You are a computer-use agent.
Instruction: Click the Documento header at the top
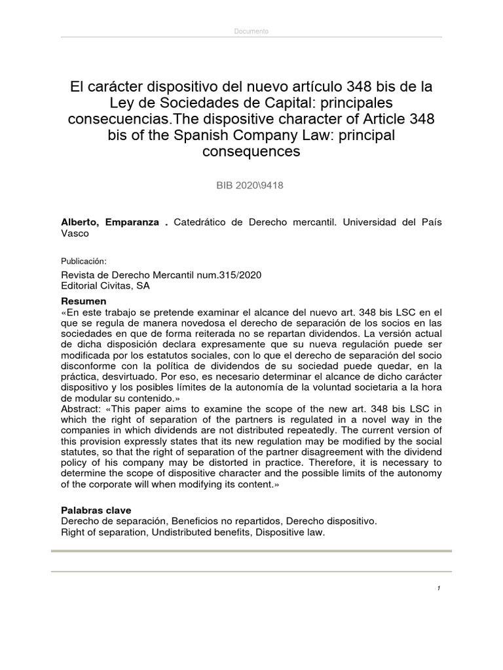(x=251, y=31)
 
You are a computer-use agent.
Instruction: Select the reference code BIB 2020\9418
(x=251, y=185)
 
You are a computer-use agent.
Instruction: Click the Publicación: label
(x=83, y=260)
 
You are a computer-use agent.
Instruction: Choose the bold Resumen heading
(x=83, y=301)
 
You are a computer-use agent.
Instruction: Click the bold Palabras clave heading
(x=96, y=509)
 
